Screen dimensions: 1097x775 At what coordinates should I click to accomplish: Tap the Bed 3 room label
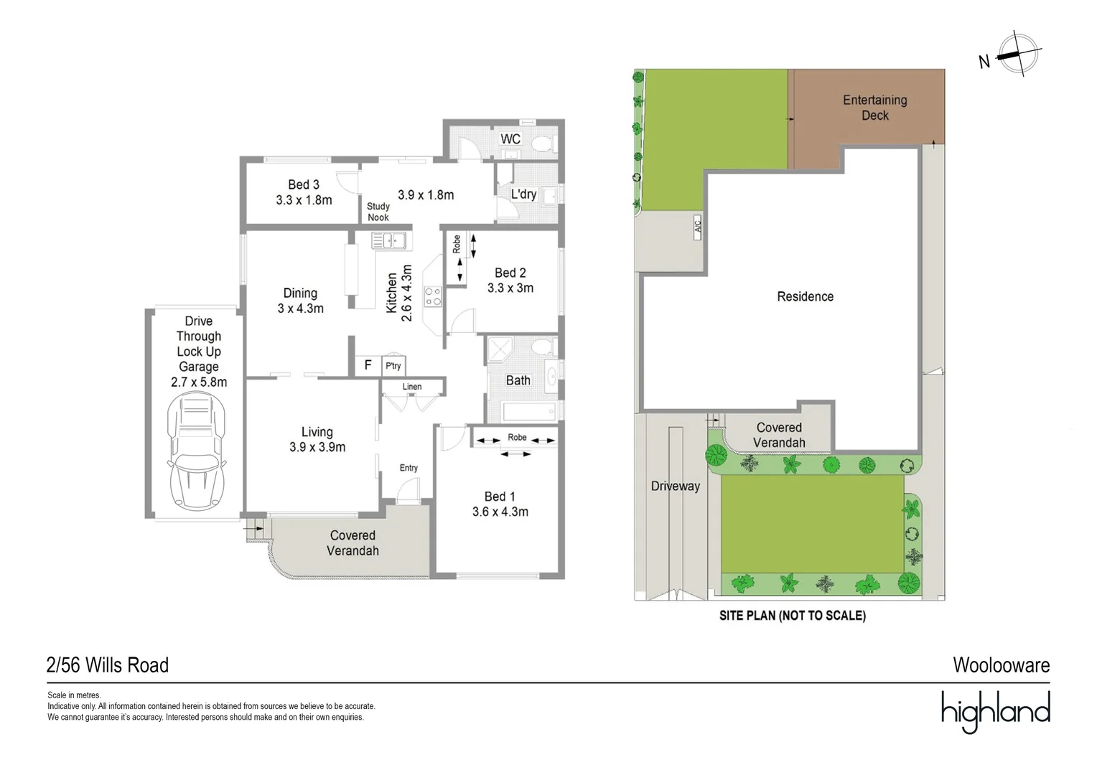coord(304,184)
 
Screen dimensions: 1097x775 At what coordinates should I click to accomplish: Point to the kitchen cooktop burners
coord(433,296)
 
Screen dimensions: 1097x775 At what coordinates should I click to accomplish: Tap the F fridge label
coord(368,365)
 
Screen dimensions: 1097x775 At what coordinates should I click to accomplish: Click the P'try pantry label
coord(393,366)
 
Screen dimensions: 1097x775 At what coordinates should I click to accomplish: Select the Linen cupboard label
coord(412,387)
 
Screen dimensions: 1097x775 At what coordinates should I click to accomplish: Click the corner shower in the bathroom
coord(500,349)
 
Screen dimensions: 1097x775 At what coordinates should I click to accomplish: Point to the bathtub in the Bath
coord(530,411)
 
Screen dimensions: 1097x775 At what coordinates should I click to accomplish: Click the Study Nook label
coord(378,212)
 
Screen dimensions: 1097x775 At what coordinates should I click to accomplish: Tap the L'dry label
coord(523,194)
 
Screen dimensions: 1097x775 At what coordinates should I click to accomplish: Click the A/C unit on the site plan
coord(698,227)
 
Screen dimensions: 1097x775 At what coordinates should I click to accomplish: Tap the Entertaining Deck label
coord(875,108)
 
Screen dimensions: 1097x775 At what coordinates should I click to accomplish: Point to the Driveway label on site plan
coord(676,486)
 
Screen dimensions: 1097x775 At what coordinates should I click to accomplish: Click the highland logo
coord(996,711)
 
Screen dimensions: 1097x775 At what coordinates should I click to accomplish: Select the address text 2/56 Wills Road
coord(108,665)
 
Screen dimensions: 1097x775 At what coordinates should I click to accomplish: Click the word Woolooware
coord(1002,665)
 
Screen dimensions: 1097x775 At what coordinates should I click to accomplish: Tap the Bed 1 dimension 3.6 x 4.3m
coord(500,512)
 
